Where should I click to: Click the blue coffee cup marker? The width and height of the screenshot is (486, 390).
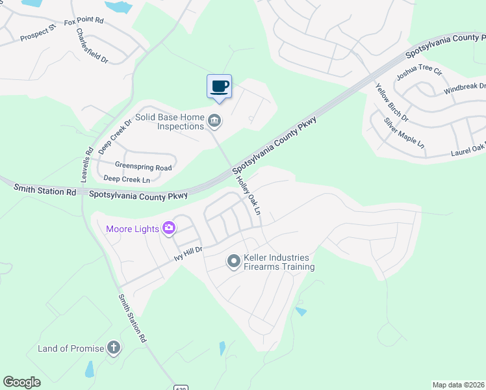(x=219, y=86)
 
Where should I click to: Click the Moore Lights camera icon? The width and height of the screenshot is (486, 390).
(x=170, y=227)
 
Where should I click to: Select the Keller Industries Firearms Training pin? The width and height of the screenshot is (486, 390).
(x=233, y=261)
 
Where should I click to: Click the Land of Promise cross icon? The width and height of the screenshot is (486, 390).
(x=114, y=348)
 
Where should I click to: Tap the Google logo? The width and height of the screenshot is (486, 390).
(x=22, y=382)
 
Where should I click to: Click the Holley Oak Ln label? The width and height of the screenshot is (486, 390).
(x=248, y=196)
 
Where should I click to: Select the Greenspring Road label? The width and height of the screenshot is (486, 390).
(x=143, y=167)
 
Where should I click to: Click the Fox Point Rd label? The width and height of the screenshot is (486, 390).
(x=84, y=21)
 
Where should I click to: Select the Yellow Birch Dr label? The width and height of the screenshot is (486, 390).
(x=392, y=102)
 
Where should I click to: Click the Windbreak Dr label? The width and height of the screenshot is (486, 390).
(x=465, y=86)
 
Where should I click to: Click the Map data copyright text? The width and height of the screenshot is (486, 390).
(x=457, y=385)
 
